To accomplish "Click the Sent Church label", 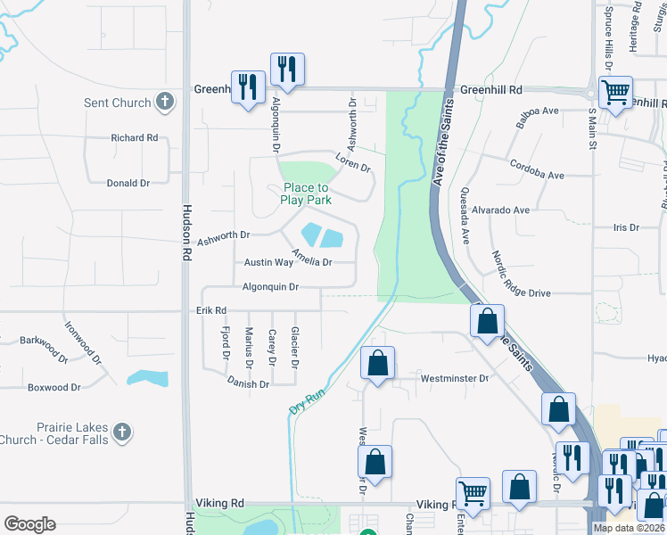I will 117,103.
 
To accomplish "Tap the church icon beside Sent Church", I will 164,102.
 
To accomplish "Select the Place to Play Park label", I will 305,193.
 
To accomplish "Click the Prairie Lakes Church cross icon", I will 123,432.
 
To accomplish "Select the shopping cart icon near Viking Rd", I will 473,491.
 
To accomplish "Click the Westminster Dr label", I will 459,378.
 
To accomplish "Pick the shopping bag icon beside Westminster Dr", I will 377,362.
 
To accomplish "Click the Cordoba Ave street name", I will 537,169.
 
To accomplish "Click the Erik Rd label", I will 212,310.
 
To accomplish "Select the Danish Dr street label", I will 248,384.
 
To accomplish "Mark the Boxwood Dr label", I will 54,388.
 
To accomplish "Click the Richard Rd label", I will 134,138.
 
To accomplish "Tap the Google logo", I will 29,524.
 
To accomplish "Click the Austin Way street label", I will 268,263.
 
